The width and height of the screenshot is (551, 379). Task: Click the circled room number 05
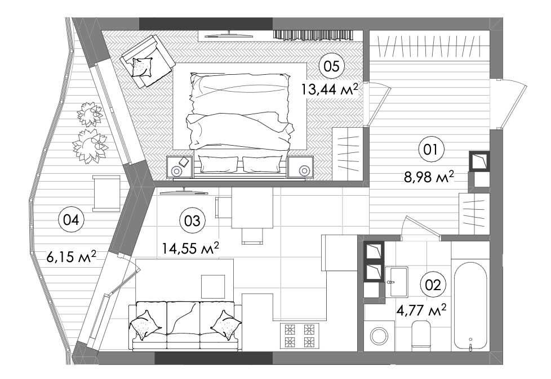coord(331,66)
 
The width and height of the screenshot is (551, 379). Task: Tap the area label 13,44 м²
coord(329,89)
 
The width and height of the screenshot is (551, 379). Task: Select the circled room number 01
coord(431,150)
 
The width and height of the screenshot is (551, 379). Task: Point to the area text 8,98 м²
coord(429,177)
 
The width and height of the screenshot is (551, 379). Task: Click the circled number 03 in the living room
coord(192,220)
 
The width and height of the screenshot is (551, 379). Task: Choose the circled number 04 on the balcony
coord(72,220)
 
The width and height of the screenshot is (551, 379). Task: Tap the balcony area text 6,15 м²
coord(72,256)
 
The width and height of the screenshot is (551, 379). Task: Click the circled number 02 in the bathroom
coord(433,285)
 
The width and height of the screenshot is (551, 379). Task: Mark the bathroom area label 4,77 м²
coord(421,310)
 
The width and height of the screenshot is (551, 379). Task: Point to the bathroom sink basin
coord(397,282)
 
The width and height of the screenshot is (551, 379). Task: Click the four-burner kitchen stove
coord(299,336)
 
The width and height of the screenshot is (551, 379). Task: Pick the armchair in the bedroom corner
coord(147,61)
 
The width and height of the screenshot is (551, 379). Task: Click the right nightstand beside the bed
coord(300,167)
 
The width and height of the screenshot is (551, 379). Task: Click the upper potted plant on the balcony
coord(90,114)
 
